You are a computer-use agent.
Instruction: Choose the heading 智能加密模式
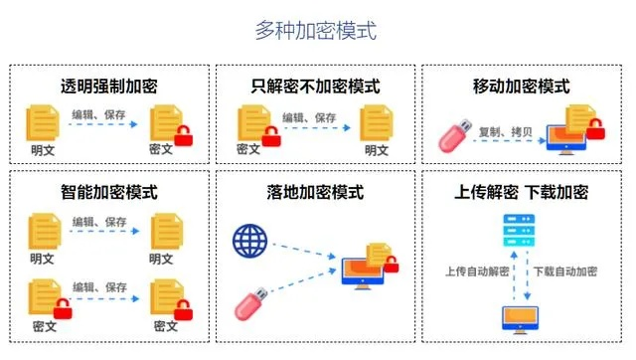(109, 191)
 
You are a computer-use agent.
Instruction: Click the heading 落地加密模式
(315, 191)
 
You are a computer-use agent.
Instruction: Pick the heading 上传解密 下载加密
(522, 191)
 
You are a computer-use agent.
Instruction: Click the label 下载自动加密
(563, 270)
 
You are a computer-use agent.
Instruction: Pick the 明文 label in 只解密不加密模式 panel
(376, 150)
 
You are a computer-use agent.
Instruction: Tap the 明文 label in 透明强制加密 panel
(42, 150)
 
